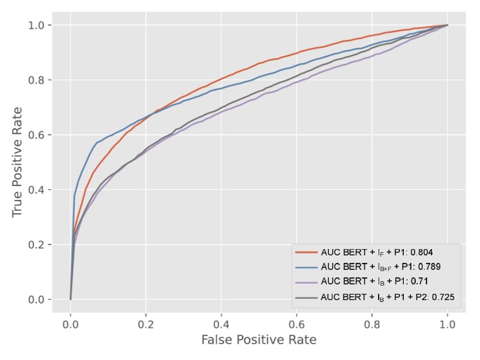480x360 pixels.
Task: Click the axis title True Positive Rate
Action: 18,163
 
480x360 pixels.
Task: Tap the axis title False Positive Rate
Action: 258,340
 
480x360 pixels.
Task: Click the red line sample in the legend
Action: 306,252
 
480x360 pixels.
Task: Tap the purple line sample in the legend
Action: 306,281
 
